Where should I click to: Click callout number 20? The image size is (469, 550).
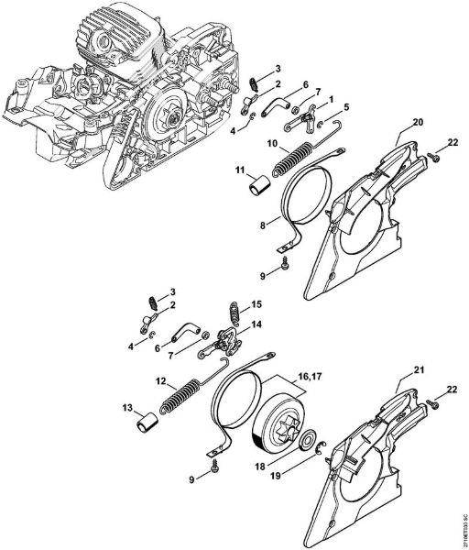tap(391, 121)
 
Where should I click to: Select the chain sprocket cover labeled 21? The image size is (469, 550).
tap(366, 458)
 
